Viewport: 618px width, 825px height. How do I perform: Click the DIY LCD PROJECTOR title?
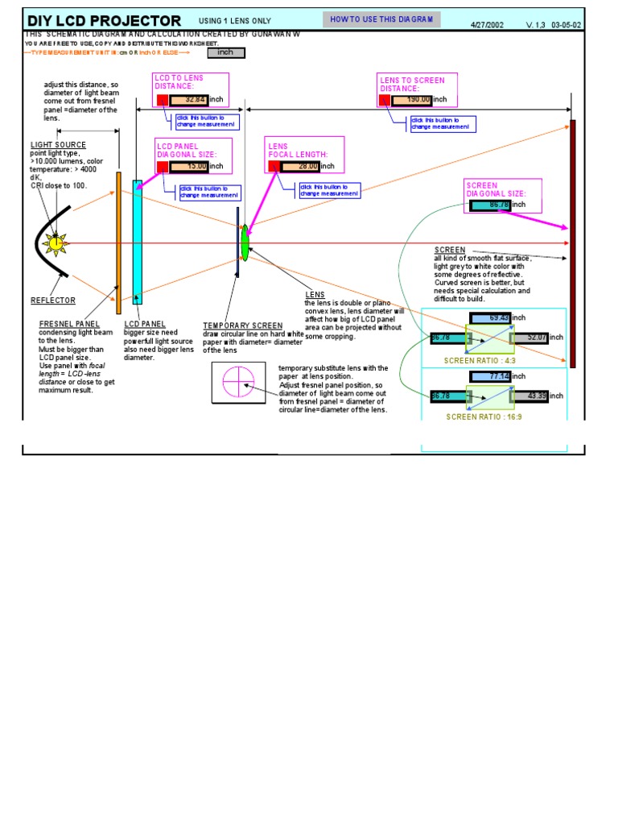coord(105,20)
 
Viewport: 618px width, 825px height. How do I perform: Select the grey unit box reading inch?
coord(226,53)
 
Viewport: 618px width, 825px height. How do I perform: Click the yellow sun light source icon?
coord(56,243)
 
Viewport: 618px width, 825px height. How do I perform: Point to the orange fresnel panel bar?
coord(118,243)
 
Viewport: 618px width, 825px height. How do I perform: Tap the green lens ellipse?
coord(245,241)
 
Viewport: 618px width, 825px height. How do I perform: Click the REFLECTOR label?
coord(53,301)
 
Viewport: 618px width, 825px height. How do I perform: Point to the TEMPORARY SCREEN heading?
coord(243,326)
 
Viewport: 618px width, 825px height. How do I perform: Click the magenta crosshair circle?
coord(238,381)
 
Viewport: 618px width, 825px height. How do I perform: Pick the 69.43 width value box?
coord(490,318)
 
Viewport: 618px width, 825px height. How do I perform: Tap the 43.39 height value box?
coord(530,396)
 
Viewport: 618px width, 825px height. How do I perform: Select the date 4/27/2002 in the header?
coord(487,24)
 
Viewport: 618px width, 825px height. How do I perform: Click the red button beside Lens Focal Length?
coord(274,166)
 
